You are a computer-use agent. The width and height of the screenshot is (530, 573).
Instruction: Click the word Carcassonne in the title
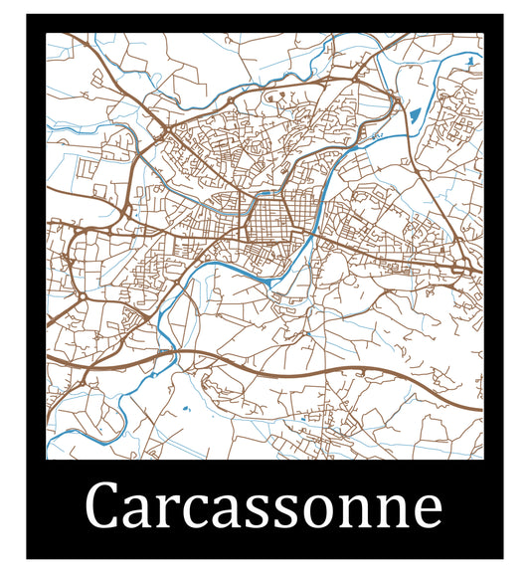coord(265,507)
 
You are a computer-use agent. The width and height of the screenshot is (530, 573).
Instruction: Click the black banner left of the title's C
coord(60,507)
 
